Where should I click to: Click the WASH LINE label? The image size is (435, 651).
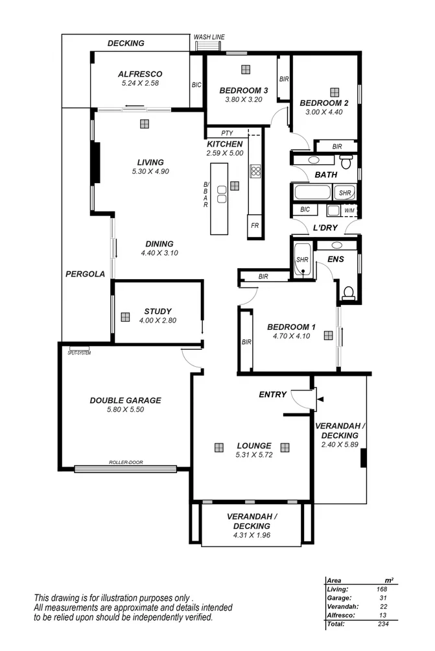[x=209, y=38]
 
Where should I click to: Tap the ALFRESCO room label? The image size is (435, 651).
[x=140, y=74]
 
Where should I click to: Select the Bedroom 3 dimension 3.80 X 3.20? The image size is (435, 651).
[x=243, y=100]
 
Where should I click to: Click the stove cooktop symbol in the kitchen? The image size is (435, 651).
[x=255, y=172]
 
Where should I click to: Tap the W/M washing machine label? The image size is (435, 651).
[x=349, y=210]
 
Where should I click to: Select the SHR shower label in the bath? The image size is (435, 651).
[x=344, y=193]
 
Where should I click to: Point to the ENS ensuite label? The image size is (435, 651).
[x=335, y=259]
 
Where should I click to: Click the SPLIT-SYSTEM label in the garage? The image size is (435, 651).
[x=79, y=353]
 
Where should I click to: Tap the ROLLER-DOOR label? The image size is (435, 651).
[x=126, y=463]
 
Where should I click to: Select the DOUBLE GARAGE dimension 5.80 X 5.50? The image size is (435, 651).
[x=125, y=410]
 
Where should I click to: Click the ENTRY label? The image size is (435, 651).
[x=272, y=395]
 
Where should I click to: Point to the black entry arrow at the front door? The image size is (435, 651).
[x=320, y=398]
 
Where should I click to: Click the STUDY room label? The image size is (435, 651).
[x=158, y=312]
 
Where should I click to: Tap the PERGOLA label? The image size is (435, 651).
[x=85, y=274]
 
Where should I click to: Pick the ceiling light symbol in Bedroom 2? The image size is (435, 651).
[x=334, y=92]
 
